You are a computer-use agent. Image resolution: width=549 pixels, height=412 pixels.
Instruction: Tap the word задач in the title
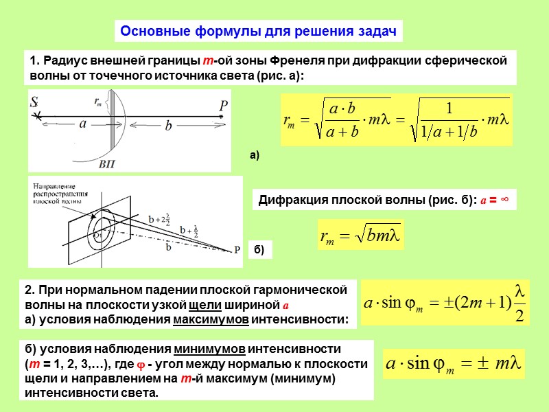[375, 31]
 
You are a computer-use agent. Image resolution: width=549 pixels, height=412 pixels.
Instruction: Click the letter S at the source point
[34, 103]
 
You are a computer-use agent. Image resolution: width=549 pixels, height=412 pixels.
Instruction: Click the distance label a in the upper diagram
[82, 125]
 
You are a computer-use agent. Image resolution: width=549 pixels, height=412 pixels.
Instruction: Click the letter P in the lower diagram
[237, 249]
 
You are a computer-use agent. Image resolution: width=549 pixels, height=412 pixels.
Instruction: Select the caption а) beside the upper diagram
[255, 157]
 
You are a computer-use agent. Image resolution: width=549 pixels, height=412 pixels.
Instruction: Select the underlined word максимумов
[211, 320]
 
